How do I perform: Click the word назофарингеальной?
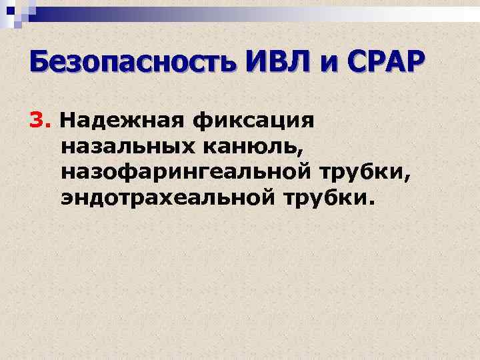pyautogui.click(x=195, y=173)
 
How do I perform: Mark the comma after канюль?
pyautogui.click(x=302, y=155)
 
